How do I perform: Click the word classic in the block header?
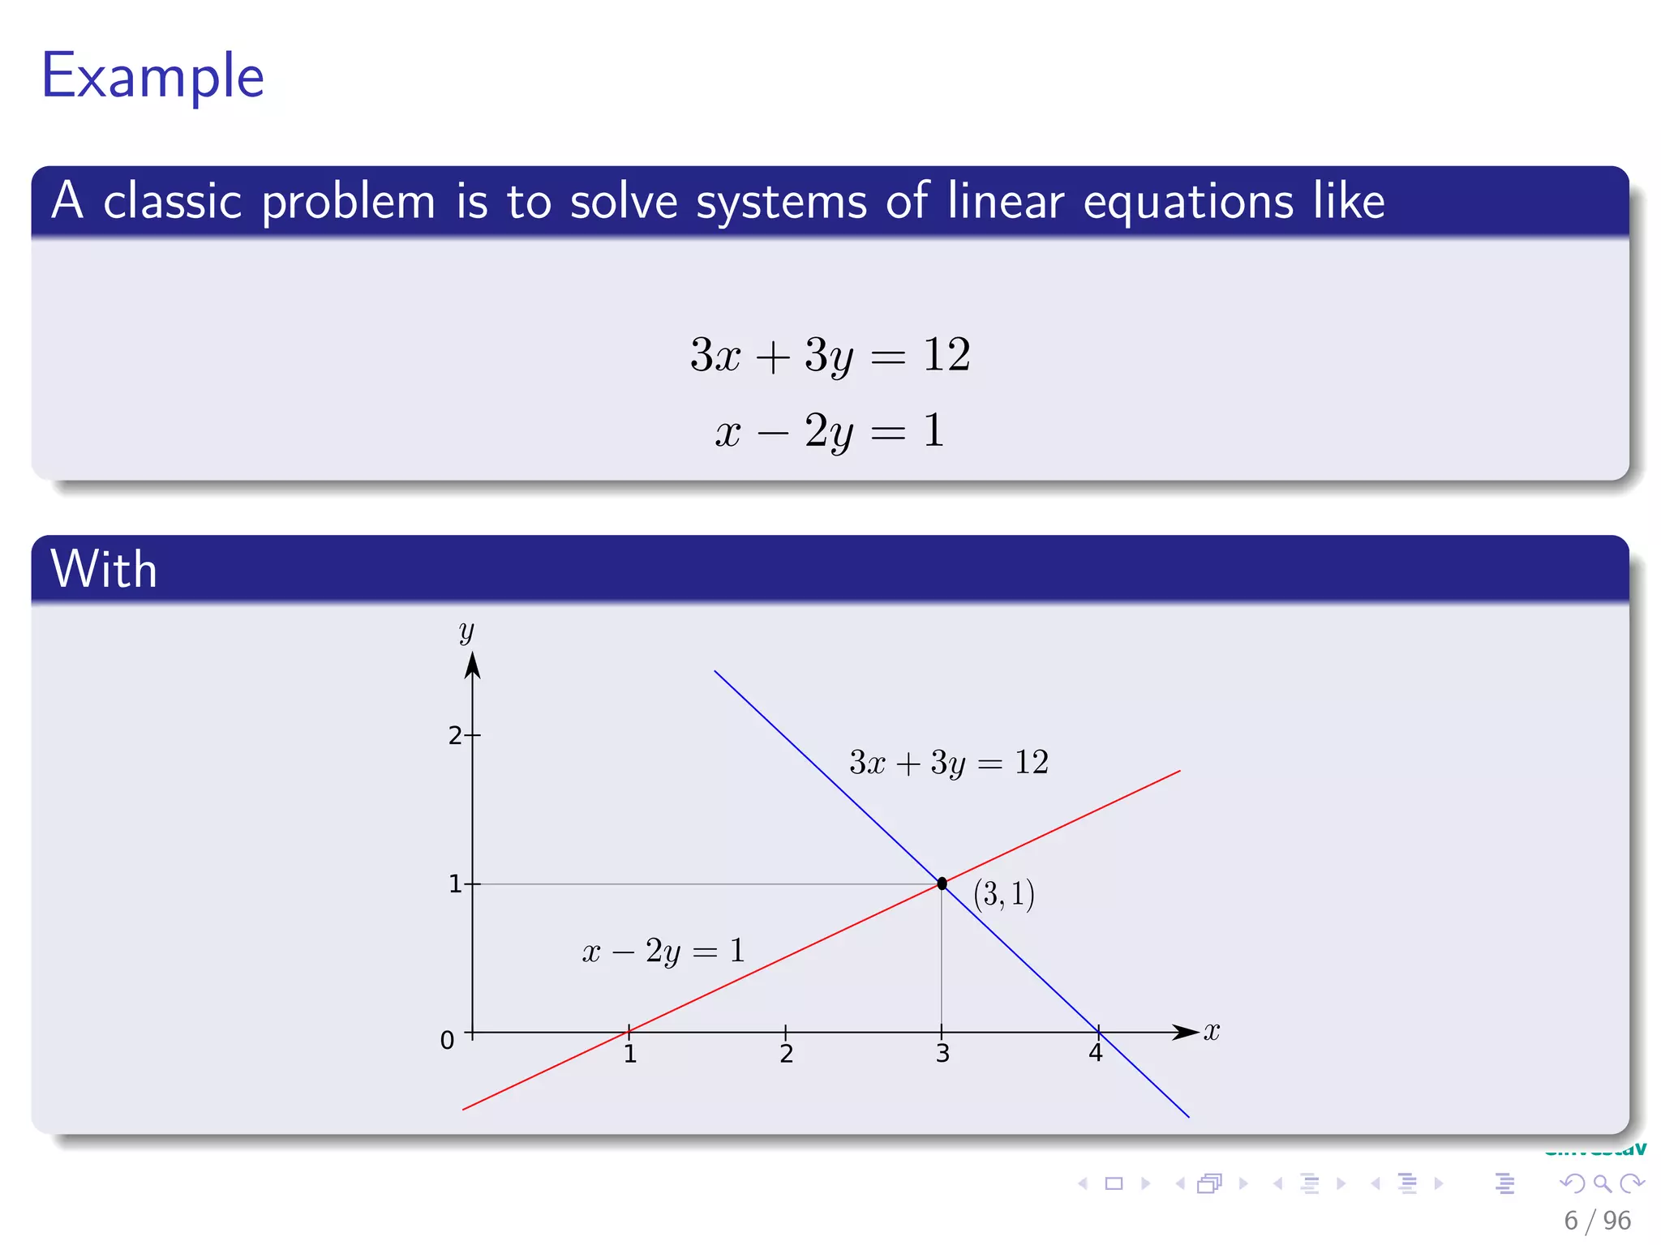click(x=172, y=201)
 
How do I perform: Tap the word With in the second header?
click(x=104, y=569)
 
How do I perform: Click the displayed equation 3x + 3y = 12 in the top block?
click(x=830, y=355)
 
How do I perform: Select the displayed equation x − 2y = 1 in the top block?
click(x=830, y=430)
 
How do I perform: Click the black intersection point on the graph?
click(x=942, y=883)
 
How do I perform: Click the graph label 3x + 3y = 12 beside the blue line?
click(x=948, y=763)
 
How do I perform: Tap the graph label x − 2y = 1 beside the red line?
click(x=663, y=951)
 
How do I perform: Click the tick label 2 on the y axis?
click(x=455, y=736)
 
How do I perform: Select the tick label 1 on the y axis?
click(x=455, y=884)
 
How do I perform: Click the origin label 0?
click(x=447, y=1040)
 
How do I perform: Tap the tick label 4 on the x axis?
click(x=1096, y=1053)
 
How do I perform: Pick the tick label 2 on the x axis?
click(x=786, y=1054)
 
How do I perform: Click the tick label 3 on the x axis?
click(x=942, y=1054)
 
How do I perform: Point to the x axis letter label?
click(x=1211, y=1031)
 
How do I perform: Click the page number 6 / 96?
click(x=1596, y=1220)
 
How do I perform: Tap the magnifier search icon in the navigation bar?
click(x=1602, y=1183)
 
